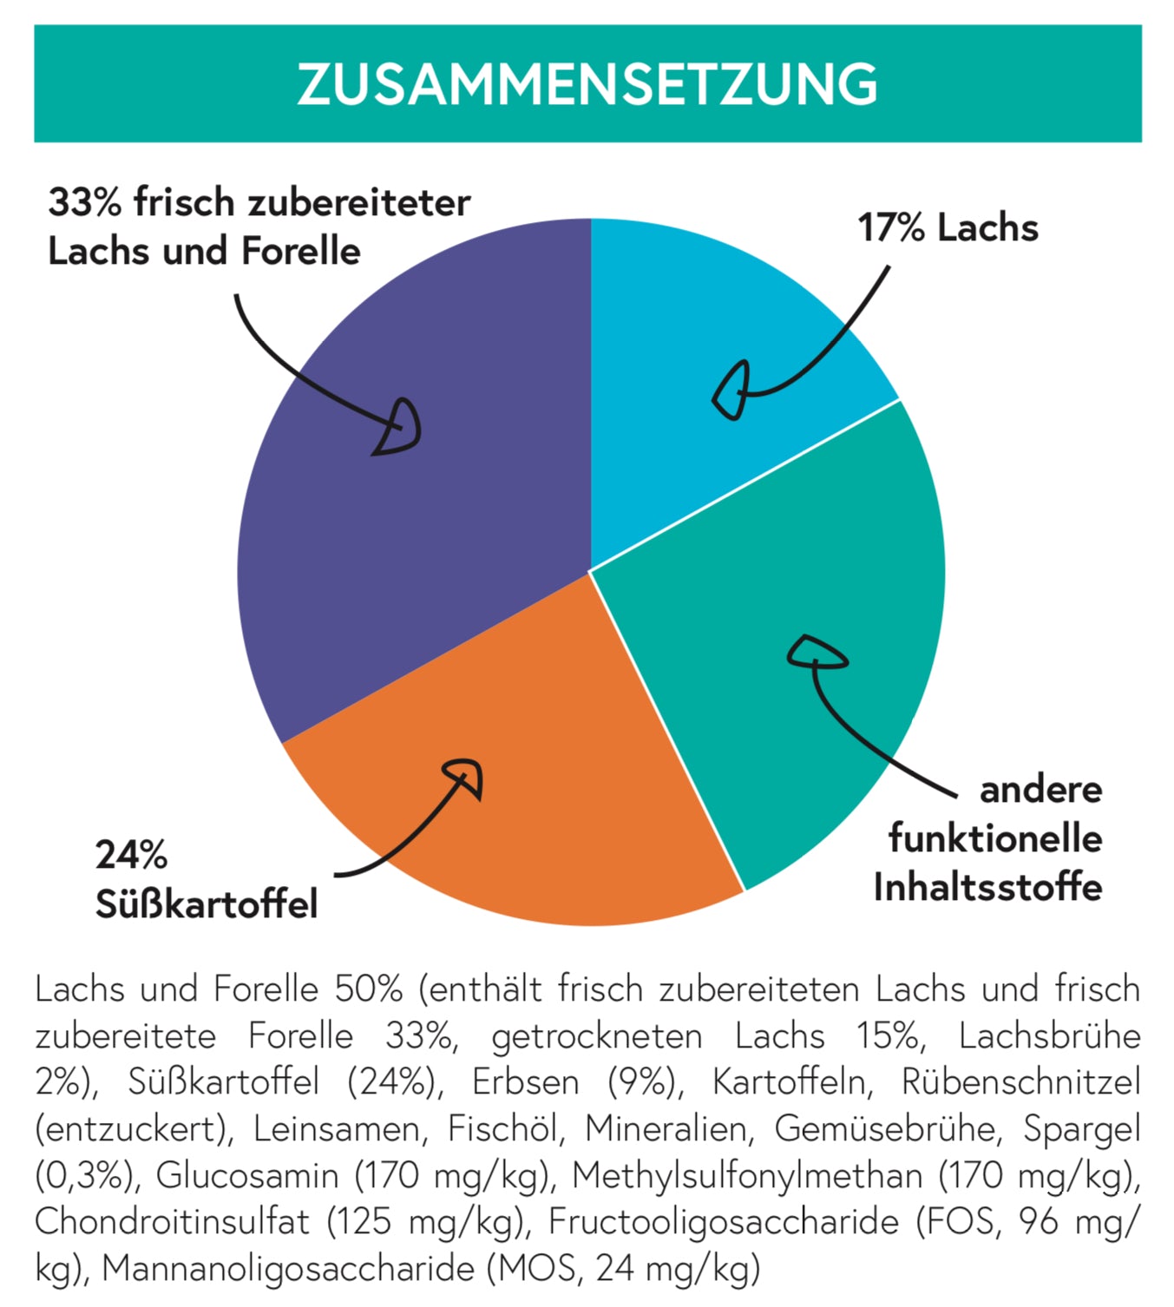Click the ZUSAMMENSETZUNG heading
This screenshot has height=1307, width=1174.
587,84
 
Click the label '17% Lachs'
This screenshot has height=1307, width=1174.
948,228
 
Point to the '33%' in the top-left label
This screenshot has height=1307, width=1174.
84,203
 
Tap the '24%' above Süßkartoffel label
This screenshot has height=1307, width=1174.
131,856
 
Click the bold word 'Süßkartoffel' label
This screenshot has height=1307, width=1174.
207,904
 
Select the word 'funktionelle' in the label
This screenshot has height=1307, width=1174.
995,839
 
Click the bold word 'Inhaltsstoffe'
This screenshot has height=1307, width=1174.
987,888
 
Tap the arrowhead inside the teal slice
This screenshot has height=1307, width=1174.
816,653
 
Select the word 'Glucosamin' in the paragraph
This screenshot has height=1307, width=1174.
247,1176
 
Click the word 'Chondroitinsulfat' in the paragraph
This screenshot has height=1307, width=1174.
172,1223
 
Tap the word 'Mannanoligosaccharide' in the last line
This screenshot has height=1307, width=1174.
288,1269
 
